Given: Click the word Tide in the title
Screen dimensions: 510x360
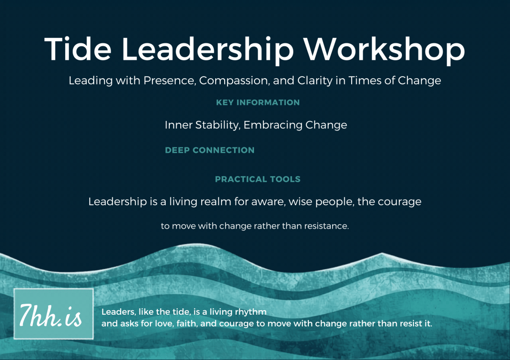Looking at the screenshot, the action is point(78,49).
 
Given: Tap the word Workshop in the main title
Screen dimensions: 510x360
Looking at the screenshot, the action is point(384,49).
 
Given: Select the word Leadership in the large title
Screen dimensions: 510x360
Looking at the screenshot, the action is point(208,49).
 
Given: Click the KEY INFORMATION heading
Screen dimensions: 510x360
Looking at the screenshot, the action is point(257,103).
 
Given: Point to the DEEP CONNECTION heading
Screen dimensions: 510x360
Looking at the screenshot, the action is point(210,150).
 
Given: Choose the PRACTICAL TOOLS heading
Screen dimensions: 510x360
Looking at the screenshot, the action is point(257,179).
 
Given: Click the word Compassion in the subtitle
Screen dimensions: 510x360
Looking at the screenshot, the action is point(235,80).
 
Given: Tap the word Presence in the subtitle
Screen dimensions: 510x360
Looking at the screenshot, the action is point(170,80).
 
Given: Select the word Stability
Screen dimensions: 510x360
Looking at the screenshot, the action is point(218,125).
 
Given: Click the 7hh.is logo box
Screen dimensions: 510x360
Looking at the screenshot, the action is point(54,314).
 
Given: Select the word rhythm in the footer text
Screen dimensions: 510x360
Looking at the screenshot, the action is point(251,312).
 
